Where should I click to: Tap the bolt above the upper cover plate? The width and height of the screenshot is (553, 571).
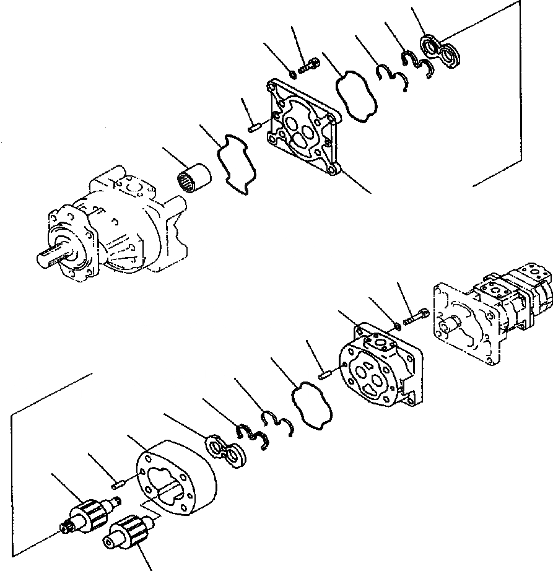coord(307,66)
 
